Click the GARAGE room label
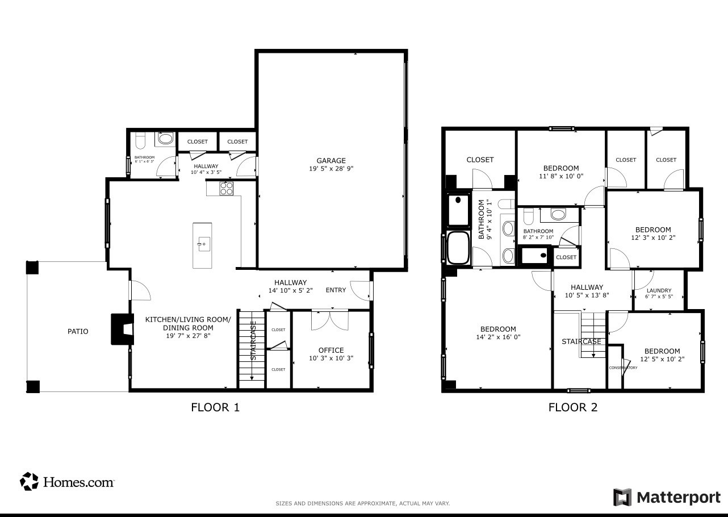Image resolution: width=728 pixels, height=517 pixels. (x=331, y=161)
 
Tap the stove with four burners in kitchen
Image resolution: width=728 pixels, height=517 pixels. (x=227, y=188)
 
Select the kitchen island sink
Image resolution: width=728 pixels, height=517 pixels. (x=202, y=244)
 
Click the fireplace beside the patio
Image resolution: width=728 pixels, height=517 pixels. (x=122, y=329)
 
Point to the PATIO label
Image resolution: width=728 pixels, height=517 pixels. (x=78, y=331)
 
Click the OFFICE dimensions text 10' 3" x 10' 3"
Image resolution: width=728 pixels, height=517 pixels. (x=330, y=358)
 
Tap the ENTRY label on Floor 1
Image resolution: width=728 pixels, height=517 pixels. (x=336, y=290)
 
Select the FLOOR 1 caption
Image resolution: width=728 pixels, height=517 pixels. (x=215, y=407)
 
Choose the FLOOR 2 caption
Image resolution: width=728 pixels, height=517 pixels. (x=572, y=407)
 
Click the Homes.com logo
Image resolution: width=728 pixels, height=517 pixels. (x=68, y=482)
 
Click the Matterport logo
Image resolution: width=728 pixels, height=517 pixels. (x=667, y=497)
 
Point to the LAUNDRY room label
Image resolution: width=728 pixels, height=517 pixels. (x=659, y=290)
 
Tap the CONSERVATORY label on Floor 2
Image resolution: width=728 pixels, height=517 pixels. (x=623, y=368)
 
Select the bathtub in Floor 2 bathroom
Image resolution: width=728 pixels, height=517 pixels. (x=458, y=248)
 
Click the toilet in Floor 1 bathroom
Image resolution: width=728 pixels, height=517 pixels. (x=140, y=140)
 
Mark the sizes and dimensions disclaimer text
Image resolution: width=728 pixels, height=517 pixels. (x=362, y=503)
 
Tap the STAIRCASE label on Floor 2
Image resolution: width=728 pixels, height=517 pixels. (x=581, y=341)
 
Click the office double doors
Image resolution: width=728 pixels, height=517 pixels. (x=330, y=319)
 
